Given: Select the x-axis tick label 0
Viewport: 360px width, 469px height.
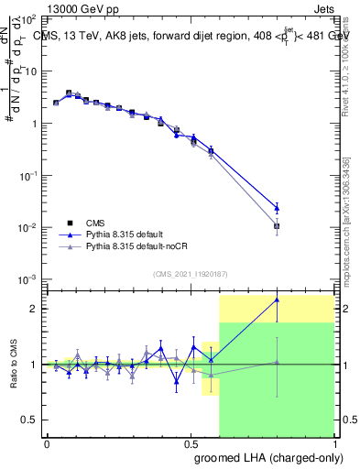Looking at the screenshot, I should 47,442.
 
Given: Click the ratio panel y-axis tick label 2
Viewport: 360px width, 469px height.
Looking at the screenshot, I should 34,309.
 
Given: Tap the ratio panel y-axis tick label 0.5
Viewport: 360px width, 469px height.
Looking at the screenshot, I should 29,420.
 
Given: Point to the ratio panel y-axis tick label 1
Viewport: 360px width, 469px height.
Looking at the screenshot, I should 34,365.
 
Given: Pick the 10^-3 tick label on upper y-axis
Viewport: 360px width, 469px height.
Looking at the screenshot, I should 28,278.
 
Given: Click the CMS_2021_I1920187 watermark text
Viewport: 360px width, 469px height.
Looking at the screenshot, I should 189,274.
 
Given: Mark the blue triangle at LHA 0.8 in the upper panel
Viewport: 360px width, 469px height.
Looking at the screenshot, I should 277,208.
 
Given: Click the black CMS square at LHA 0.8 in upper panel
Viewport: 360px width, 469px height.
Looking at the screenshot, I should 277,225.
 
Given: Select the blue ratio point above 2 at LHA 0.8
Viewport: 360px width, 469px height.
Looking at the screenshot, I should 277,300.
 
